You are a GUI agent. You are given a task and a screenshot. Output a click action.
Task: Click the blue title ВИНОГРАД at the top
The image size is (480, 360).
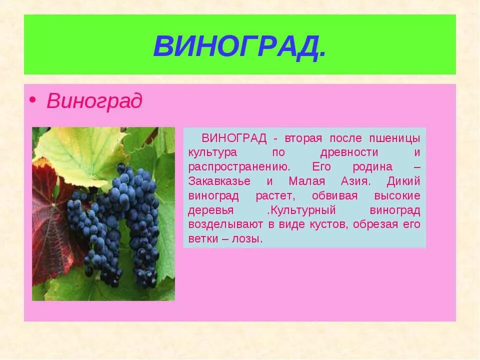239,46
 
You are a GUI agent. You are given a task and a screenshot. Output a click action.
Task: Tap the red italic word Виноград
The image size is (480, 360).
94,101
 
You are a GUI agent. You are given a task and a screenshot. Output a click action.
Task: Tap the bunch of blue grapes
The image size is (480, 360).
120,220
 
